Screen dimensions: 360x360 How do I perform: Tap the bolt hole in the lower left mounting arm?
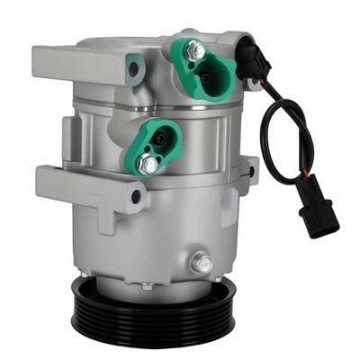coord(136,195)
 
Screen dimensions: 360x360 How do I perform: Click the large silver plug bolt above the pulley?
coord(203,264)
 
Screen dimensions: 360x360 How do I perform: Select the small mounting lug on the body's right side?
coord(249,170)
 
